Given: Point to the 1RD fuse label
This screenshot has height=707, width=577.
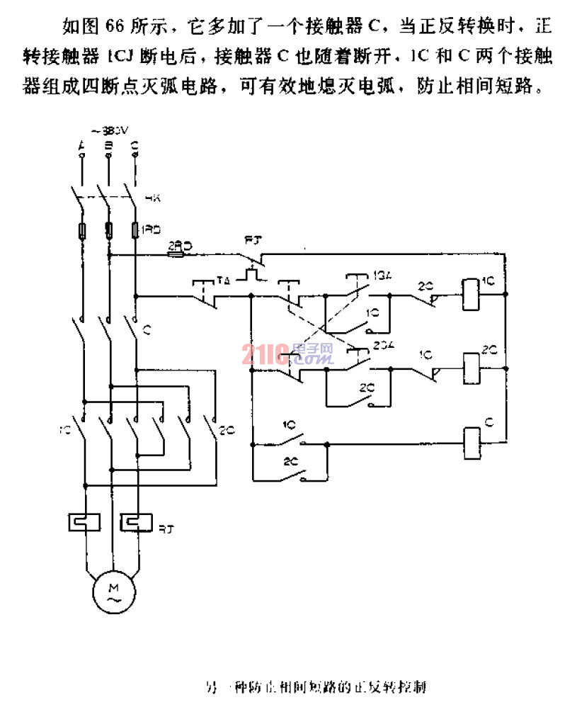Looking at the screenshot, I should point(151,230).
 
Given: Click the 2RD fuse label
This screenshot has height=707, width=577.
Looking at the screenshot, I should point(176,245).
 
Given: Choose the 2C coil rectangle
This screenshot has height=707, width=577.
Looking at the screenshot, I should point(471,365).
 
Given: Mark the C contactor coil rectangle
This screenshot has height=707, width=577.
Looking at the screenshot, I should point(471,436).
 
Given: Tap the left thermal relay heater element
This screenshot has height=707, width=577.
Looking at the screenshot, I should point(84,522).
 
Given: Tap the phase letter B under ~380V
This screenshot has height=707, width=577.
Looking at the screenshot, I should point(108,146).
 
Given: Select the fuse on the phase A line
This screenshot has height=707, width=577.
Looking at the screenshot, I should point(83,230).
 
